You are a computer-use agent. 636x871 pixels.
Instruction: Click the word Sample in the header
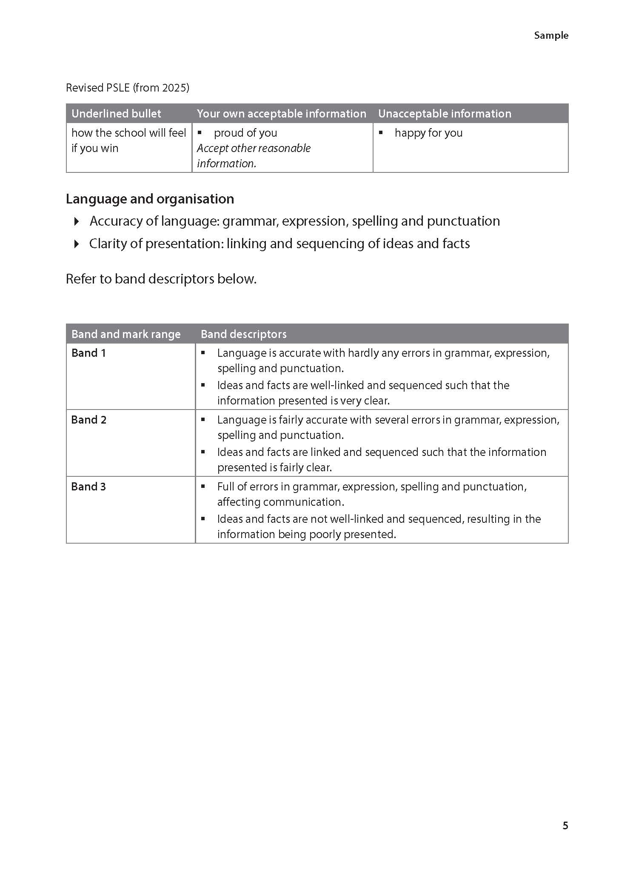[551, 36]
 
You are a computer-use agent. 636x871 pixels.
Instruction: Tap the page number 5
[565, 825]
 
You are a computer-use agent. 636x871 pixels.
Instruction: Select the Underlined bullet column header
[116, 114]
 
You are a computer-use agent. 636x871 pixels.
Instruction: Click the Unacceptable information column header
[445, 114]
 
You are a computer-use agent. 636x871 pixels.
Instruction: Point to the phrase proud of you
[245, 133]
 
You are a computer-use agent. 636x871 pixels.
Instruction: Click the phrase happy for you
[428, 133]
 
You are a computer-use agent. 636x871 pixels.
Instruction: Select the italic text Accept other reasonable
[254, 149]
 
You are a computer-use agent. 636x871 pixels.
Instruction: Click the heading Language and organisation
[150, 199]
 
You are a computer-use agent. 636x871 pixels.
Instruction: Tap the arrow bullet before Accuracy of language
[77, 221]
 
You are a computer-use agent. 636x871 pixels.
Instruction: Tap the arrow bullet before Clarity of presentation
[77, 244]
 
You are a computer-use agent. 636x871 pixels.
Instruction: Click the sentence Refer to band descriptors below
[161, 279]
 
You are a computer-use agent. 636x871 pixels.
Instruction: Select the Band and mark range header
[126, 334]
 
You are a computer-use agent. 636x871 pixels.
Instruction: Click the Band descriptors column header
[243, 334]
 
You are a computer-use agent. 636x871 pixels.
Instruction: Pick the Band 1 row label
[88, 353]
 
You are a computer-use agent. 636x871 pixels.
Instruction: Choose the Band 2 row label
[88, 420]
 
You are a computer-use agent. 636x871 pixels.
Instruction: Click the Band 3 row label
[88, 487]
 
